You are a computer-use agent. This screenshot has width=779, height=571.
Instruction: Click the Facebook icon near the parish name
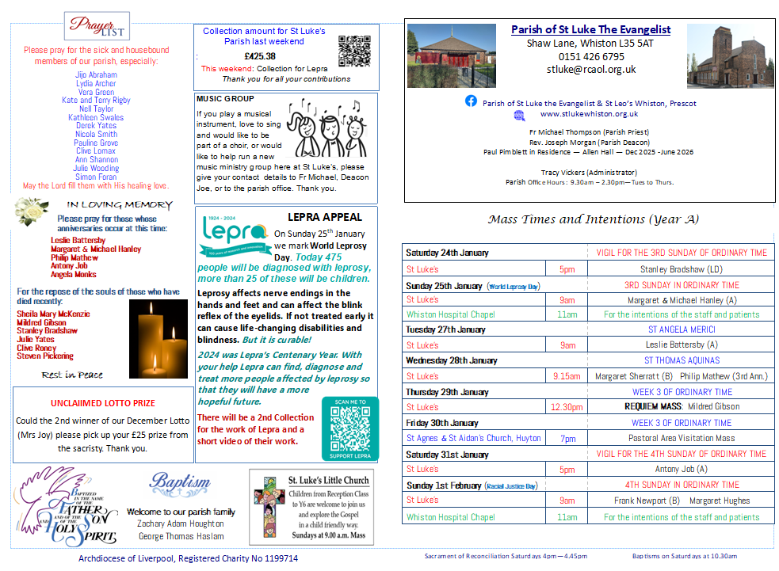pyautogui.click(x=471, y=101)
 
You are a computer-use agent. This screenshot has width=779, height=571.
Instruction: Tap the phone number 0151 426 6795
pyautogui.click(x=590, y=56)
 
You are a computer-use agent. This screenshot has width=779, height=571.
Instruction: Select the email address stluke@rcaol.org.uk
pyautogui.click(x=590, y=70)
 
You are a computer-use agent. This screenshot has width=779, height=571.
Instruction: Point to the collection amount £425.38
pyautogui.click(x=260, y=56)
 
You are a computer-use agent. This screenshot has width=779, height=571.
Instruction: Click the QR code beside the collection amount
pyautogui.click(x=354, y=51)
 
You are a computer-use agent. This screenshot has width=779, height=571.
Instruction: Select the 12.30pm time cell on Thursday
pyautogui.click(x=567, y=407)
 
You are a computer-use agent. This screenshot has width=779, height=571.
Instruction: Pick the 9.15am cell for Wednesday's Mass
pyautogui.click(x=567, y=376)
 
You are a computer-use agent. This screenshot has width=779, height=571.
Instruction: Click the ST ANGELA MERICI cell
pyautogui.click(x=682, y=329)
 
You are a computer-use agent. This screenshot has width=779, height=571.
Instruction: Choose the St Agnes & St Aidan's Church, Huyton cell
pyautogui.click(x=474, y=438)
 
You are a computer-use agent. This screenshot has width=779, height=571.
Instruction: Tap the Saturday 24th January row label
pyautogui.click(x=447, y=253)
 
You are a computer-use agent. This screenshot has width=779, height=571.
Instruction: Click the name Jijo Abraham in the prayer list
pyautogui.click(x=96, y=74)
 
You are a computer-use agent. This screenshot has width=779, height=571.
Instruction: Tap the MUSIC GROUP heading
pyautogui.click(x=226, y=99)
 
